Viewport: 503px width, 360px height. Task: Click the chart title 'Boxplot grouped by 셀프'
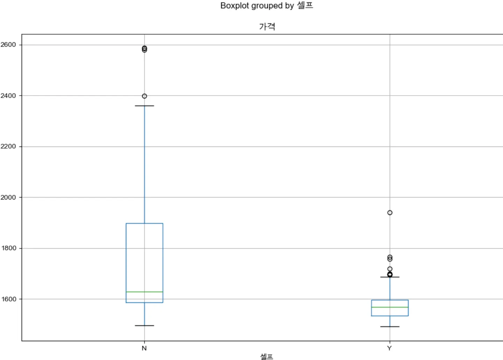[266, 6]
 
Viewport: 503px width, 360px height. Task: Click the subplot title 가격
[267, 27]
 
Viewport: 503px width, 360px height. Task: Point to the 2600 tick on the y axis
[8, 45]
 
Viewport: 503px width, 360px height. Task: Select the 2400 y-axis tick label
[8, 96]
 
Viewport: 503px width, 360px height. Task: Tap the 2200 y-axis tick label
[8, 147]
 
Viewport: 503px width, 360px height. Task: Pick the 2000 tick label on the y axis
[8, 197]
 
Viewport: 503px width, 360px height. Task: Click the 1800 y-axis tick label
[8, 248]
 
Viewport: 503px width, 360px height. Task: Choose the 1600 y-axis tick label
[8, 299]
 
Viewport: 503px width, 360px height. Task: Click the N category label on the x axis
[144, 348]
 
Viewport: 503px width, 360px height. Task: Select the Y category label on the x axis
[389, 348]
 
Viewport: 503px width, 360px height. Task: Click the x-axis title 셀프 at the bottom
[266, 356]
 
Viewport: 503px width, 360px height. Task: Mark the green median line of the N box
[144, 292]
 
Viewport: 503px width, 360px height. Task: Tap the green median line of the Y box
[390, 307]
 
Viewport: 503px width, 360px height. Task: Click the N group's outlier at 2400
[144, 96]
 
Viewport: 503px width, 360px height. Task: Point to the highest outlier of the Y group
[390, 213]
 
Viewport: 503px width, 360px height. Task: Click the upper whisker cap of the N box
[144, 106]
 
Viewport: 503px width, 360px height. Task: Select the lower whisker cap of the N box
[144, 325]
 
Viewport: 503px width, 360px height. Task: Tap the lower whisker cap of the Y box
[390, 327]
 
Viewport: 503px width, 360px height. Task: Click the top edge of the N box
[144, 223]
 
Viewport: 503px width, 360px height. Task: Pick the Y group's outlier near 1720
[390, 269]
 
